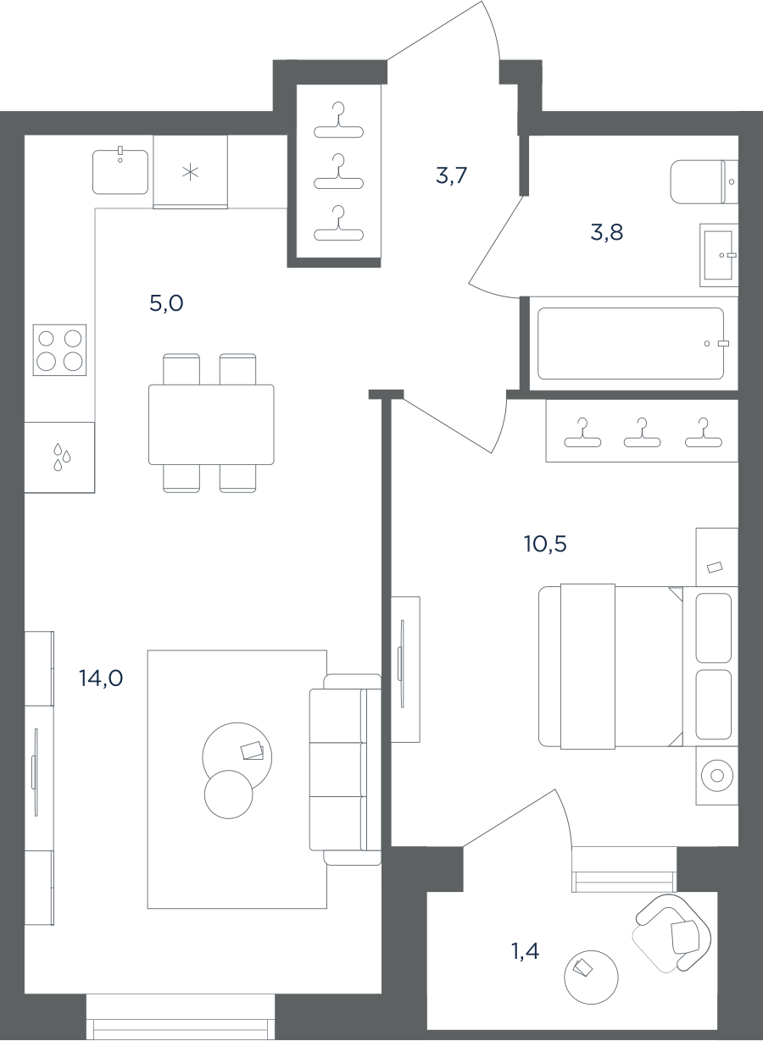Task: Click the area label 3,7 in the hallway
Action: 451,175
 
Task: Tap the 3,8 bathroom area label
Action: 607,232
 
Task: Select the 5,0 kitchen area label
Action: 166,303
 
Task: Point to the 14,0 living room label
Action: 101,678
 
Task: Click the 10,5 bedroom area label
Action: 545,544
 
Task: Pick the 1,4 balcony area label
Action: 526,951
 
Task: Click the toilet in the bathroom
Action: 704,182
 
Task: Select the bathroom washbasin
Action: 718,255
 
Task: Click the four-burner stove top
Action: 59,350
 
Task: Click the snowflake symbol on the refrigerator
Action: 190,173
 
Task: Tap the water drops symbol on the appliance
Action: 61,457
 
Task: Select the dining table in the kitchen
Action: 211,424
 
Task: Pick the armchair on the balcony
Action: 673,933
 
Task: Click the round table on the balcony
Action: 591,977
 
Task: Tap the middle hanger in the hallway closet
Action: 338,174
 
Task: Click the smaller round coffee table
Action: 228,795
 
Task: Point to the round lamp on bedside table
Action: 717,775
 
